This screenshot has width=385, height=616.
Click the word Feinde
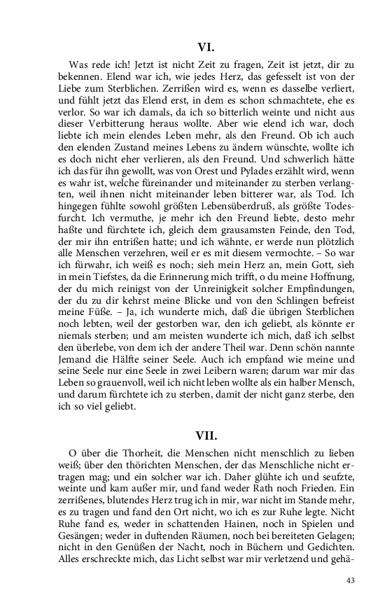(279, 234)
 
